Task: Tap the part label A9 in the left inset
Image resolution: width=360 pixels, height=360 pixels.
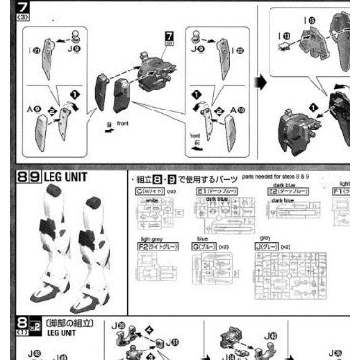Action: (x=33, y=109)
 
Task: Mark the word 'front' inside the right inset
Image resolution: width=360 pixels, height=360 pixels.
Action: (x=194, y=137)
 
